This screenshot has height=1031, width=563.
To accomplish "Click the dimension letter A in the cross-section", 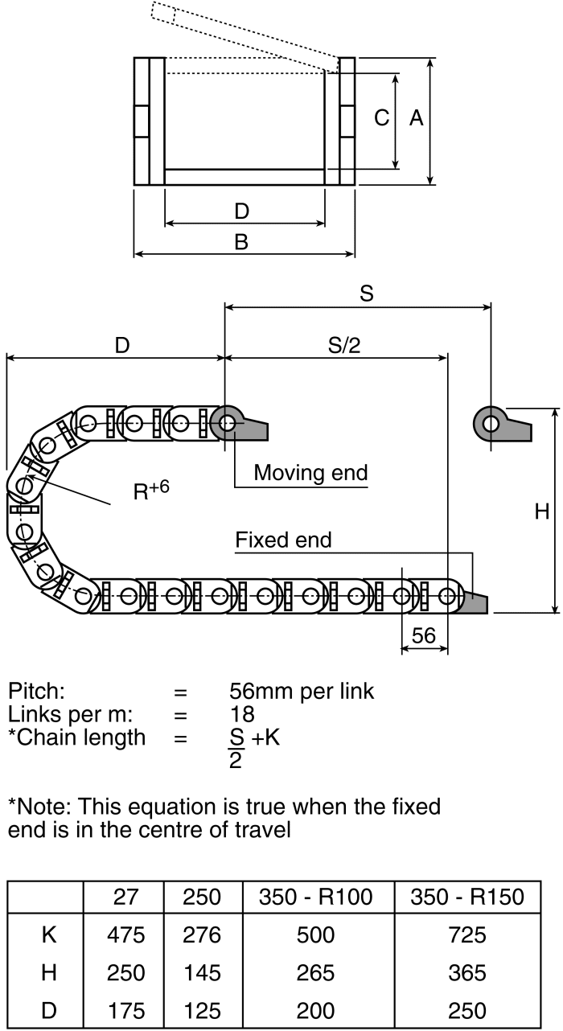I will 416,118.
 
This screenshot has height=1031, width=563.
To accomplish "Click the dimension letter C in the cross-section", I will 382,118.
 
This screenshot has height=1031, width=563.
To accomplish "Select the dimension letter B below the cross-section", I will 240,241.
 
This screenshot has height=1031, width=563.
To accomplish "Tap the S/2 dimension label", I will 344,345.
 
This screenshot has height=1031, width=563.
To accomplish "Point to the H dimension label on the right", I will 542,511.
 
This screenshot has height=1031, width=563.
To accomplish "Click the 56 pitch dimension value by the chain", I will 423,635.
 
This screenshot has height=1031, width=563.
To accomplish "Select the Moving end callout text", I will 310,472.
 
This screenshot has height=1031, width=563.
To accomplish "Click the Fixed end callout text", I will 283,540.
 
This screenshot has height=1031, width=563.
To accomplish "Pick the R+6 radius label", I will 150,491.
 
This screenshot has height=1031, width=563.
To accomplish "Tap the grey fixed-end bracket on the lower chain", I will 477,602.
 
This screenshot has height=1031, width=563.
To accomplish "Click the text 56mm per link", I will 302,691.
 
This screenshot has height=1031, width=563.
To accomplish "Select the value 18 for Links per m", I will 241,714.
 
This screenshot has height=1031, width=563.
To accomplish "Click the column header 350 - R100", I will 315,897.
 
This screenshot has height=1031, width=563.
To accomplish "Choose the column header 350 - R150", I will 467,897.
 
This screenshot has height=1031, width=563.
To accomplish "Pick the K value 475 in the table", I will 125,935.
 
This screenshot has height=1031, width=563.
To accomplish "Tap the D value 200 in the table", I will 315,1011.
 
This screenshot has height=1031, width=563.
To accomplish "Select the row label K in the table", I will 48,935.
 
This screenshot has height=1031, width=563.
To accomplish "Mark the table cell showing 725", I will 467,935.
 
